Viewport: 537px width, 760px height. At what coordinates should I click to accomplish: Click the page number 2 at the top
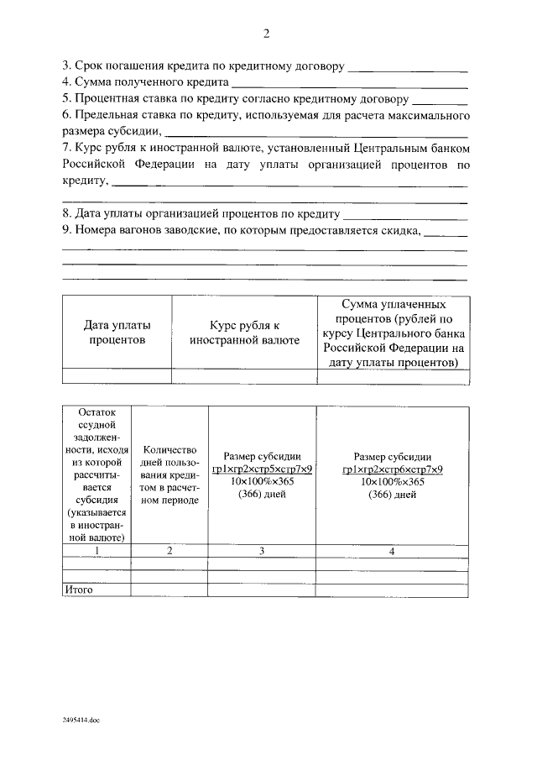pos(266,34)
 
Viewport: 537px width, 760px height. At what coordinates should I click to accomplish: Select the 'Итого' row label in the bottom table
pos(78,590)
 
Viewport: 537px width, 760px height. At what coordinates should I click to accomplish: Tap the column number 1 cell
pos(96,550)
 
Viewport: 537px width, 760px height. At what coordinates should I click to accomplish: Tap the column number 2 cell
pos(169,550)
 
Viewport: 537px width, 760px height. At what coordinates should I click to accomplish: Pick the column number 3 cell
pos(262,550)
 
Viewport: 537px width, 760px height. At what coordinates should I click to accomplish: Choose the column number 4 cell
pos(392,550)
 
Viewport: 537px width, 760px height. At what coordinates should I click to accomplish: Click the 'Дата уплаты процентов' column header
pos(117,333)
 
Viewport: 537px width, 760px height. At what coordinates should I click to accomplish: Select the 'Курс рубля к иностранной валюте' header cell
pos(244,333)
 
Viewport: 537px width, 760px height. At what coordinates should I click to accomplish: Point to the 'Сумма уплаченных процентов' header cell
pos(392,333)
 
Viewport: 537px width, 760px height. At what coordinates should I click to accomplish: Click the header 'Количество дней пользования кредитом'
pos(169,474)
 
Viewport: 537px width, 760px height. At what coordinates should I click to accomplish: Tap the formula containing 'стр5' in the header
pos(262,469)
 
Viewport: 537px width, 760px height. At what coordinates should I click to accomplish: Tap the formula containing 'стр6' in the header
pos(392,469)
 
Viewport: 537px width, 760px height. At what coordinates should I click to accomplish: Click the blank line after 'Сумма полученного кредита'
pos(349,85)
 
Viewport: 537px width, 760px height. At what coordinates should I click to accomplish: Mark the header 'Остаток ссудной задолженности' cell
pos(96,474)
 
